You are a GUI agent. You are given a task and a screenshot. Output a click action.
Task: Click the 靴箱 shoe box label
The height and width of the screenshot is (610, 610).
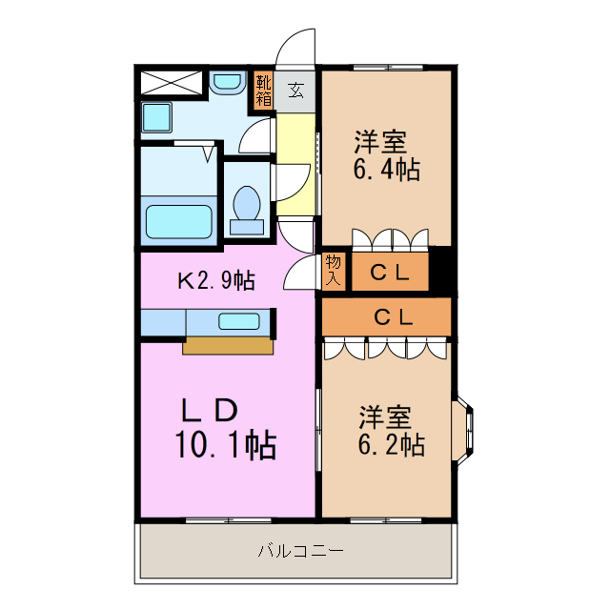[263, 89]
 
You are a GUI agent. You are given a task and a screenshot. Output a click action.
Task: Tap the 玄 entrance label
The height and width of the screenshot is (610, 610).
[295, 91]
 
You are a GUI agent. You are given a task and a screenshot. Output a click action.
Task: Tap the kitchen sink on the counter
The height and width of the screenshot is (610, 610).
[238, 321]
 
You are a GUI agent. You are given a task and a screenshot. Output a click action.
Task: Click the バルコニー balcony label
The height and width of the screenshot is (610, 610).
[299, 551]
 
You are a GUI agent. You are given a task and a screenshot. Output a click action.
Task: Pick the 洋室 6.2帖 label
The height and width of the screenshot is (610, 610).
[391, 431]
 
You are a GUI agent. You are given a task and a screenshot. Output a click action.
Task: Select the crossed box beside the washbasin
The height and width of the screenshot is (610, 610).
[173, 82]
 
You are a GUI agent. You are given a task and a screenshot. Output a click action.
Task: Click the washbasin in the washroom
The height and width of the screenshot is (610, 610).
[227, 85]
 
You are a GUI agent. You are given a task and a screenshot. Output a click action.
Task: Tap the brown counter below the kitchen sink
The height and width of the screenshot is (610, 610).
[227, 346]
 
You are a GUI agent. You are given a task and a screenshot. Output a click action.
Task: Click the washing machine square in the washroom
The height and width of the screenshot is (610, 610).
[156, 118]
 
